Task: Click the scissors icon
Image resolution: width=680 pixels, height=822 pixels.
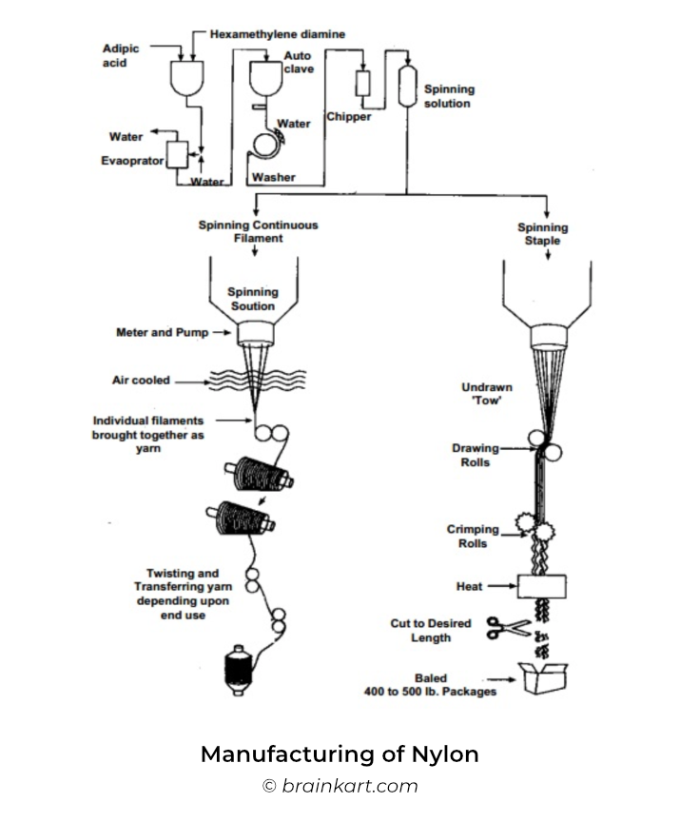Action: pyautogui.click(x=508, y=628)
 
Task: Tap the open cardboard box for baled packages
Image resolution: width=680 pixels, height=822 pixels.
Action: pyautogui.click(x=543, y=678)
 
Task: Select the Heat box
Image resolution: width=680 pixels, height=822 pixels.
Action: pyautogui.click(x=542, y=587)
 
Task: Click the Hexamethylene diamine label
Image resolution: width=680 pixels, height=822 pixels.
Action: pyautogui.click(x=278, y=34)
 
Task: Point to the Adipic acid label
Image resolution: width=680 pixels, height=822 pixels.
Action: pyautogui.click(x=121, y=55)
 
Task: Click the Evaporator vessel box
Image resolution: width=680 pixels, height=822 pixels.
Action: pyautogui.click(x=177, y=155)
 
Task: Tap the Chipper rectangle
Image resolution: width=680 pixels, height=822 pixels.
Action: pyautogui.click(x=362, y=84)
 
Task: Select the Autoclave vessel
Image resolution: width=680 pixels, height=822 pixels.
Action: pyautogui.click(x=265, y=79)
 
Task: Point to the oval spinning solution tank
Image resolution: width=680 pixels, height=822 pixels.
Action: pyautogui.click(x=408, y=86)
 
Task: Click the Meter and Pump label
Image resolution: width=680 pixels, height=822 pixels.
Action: pyautogui.click(x=163, y=332)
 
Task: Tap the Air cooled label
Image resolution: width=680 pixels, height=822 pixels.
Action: pyautogui.click(x=141, y=380)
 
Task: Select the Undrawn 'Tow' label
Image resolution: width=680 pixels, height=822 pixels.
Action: pyautogui.click(x=487, y=394)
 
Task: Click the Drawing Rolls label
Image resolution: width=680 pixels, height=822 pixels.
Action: pyautogui.click(x=476, y=455)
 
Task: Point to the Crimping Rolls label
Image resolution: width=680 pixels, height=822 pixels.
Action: pyautogui.click(x=473, y=537)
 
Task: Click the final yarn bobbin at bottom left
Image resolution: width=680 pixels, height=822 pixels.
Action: pyautogui.click(x=239, y=670)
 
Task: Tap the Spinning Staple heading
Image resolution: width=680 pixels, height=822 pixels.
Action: pyautogui.click(x=543, y=234)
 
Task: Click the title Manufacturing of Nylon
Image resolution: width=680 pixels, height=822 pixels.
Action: pyautogui.click(x=340, y=754)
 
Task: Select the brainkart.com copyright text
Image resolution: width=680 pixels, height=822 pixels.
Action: pyautogui.click(x=340, y=786)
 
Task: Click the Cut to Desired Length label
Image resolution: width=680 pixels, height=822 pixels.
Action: pyautogui.click(x=431, y=630)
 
